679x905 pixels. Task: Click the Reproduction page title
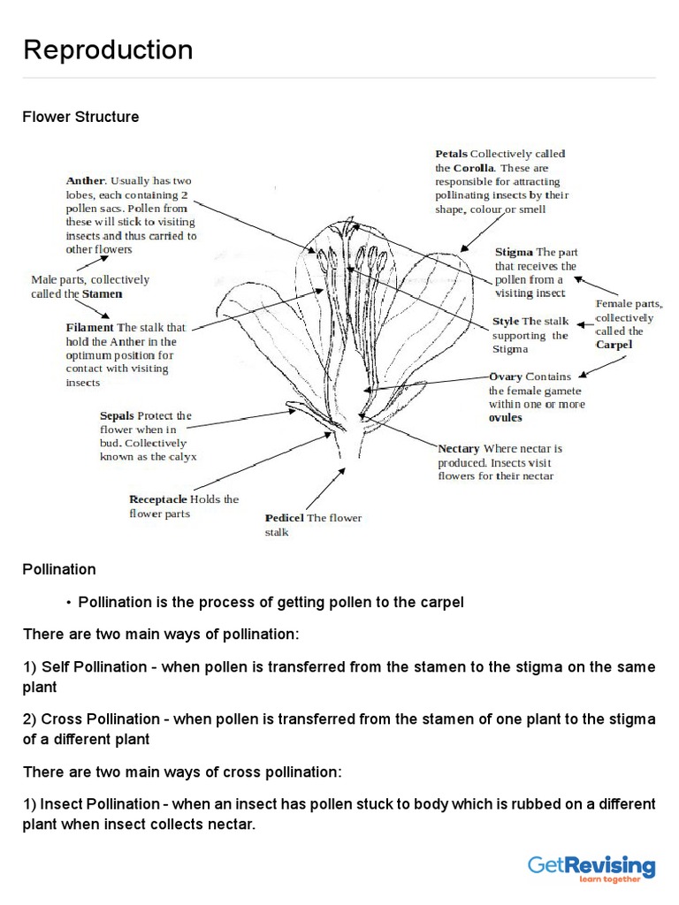tap(108, 50)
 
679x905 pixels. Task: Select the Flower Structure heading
tap(80, 117)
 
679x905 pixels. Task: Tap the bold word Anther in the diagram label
tap(85, 181)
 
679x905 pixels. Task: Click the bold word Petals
tap(451, 153)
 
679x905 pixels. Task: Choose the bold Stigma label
tap(514, 252)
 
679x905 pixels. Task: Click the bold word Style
tap(506, 322)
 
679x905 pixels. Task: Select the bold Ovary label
tap(506, 376)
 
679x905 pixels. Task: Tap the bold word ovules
tap(506, 418)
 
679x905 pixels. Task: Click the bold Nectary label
tap(459, 449)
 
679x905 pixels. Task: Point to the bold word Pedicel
tap(285, 518)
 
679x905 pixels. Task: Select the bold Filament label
tap(90, 327)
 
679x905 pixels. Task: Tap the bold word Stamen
tap(103, 293)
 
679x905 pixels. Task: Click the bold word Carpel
tap(614, 345)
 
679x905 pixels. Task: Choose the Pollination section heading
tap(59, 570)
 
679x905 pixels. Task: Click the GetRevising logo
tap(591, 868)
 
